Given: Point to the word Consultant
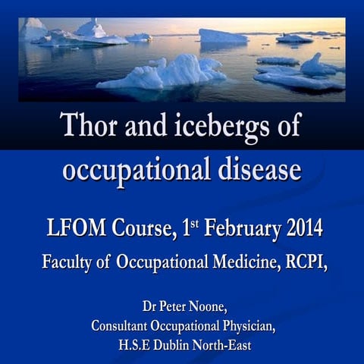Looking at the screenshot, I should click(x=127, y=327).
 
